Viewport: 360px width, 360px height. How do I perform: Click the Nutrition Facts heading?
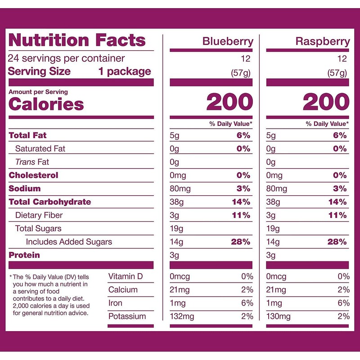(77, 40)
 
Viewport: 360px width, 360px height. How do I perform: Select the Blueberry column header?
(228, 42)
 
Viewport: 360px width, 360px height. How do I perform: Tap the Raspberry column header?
(322, 42)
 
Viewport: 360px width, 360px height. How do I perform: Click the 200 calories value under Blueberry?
(229, 103)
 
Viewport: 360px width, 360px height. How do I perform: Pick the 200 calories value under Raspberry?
(326, 103)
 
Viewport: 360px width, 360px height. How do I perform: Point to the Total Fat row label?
(27, 135)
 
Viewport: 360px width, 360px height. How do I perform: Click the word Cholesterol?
(33, 175)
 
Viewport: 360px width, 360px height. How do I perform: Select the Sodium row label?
(25, 189)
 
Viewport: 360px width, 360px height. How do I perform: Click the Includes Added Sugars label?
(68, 242)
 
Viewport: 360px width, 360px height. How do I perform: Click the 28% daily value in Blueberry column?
(240, 242)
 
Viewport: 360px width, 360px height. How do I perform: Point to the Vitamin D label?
(126, 276)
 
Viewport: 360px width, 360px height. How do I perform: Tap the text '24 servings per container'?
(67, 58)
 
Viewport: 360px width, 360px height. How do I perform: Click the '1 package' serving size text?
(125, 72)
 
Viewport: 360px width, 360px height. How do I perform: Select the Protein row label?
(24, 255)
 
